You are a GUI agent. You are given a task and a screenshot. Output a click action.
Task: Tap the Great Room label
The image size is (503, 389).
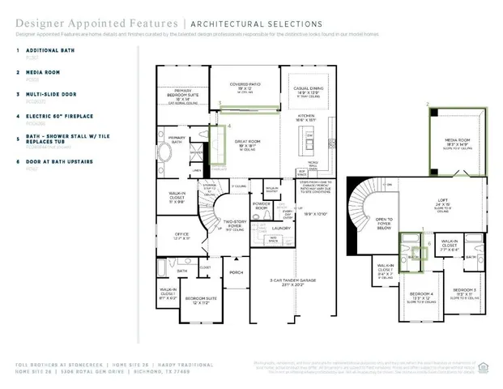247,144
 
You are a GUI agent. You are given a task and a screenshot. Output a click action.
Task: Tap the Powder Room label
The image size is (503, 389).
262,207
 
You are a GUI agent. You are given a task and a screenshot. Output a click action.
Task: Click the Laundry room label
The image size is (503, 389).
281,229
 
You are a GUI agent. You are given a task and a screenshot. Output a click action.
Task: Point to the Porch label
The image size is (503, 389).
237,272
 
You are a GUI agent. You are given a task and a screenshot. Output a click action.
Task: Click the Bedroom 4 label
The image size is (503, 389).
420,294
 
